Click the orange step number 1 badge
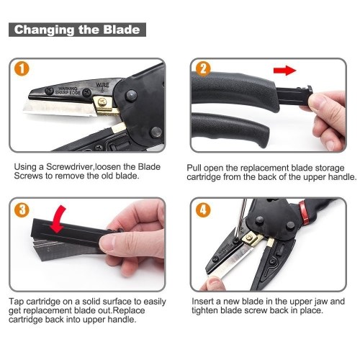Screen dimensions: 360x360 point(22,68)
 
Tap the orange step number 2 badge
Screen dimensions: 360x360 point(203,68)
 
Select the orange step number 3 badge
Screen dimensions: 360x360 point(22,210)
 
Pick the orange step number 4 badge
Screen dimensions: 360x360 point(203,210)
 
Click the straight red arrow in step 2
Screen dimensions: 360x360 point(285,71)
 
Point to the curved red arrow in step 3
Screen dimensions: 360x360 point(58,219)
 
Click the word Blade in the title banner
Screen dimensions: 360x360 point(122,30)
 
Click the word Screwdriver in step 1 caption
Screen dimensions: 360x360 point(69,167)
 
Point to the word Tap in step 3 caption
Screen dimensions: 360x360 point(17,302)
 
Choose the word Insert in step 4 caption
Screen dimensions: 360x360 point(203,301)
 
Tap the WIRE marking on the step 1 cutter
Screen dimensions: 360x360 point(102,85)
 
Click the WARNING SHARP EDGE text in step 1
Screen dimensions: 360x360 point(68,91)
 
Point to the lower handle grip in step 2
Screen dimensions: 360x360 point(230,130)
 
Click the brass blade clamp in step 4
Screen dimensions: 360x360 point(251,239)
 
